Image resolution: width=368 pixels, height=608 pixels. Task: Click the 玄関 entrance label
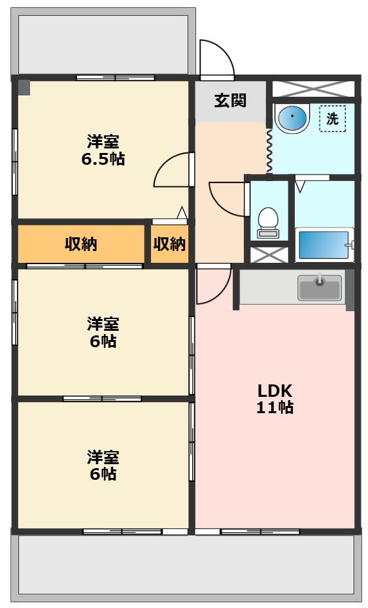(230, 101)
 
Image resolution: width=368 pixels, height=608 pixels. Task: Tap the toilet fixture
(268, 222)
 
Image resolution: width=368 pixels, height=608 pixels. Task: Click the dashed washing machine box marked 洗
(332, 118)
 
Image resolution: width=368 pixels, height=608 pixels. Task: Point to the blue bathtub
(323, 245)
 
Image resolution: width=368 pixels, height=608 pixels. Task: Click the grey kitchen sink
(320, 287)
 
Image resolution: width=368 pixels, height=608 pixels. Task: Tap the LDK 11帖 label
(275, 399)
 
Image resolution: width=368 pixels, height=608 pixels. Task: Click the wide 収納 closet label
(80, 244)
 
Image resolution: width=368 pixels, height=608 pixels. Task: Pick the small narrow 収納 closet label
(169, 244)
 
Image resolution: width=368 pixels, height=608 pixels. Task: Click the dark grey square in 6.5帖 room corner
(24, 88)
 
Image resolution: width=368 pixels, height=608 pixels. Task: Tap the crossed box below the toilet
(269, 255)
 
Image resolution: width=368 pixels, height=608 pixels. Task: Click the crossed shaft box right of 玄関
(313, 89)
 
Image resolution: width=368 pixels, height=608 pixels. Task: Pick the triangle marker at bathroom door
(300, 186)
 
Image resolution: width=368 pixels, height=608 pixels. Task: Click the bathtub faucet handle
(350, 245)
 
